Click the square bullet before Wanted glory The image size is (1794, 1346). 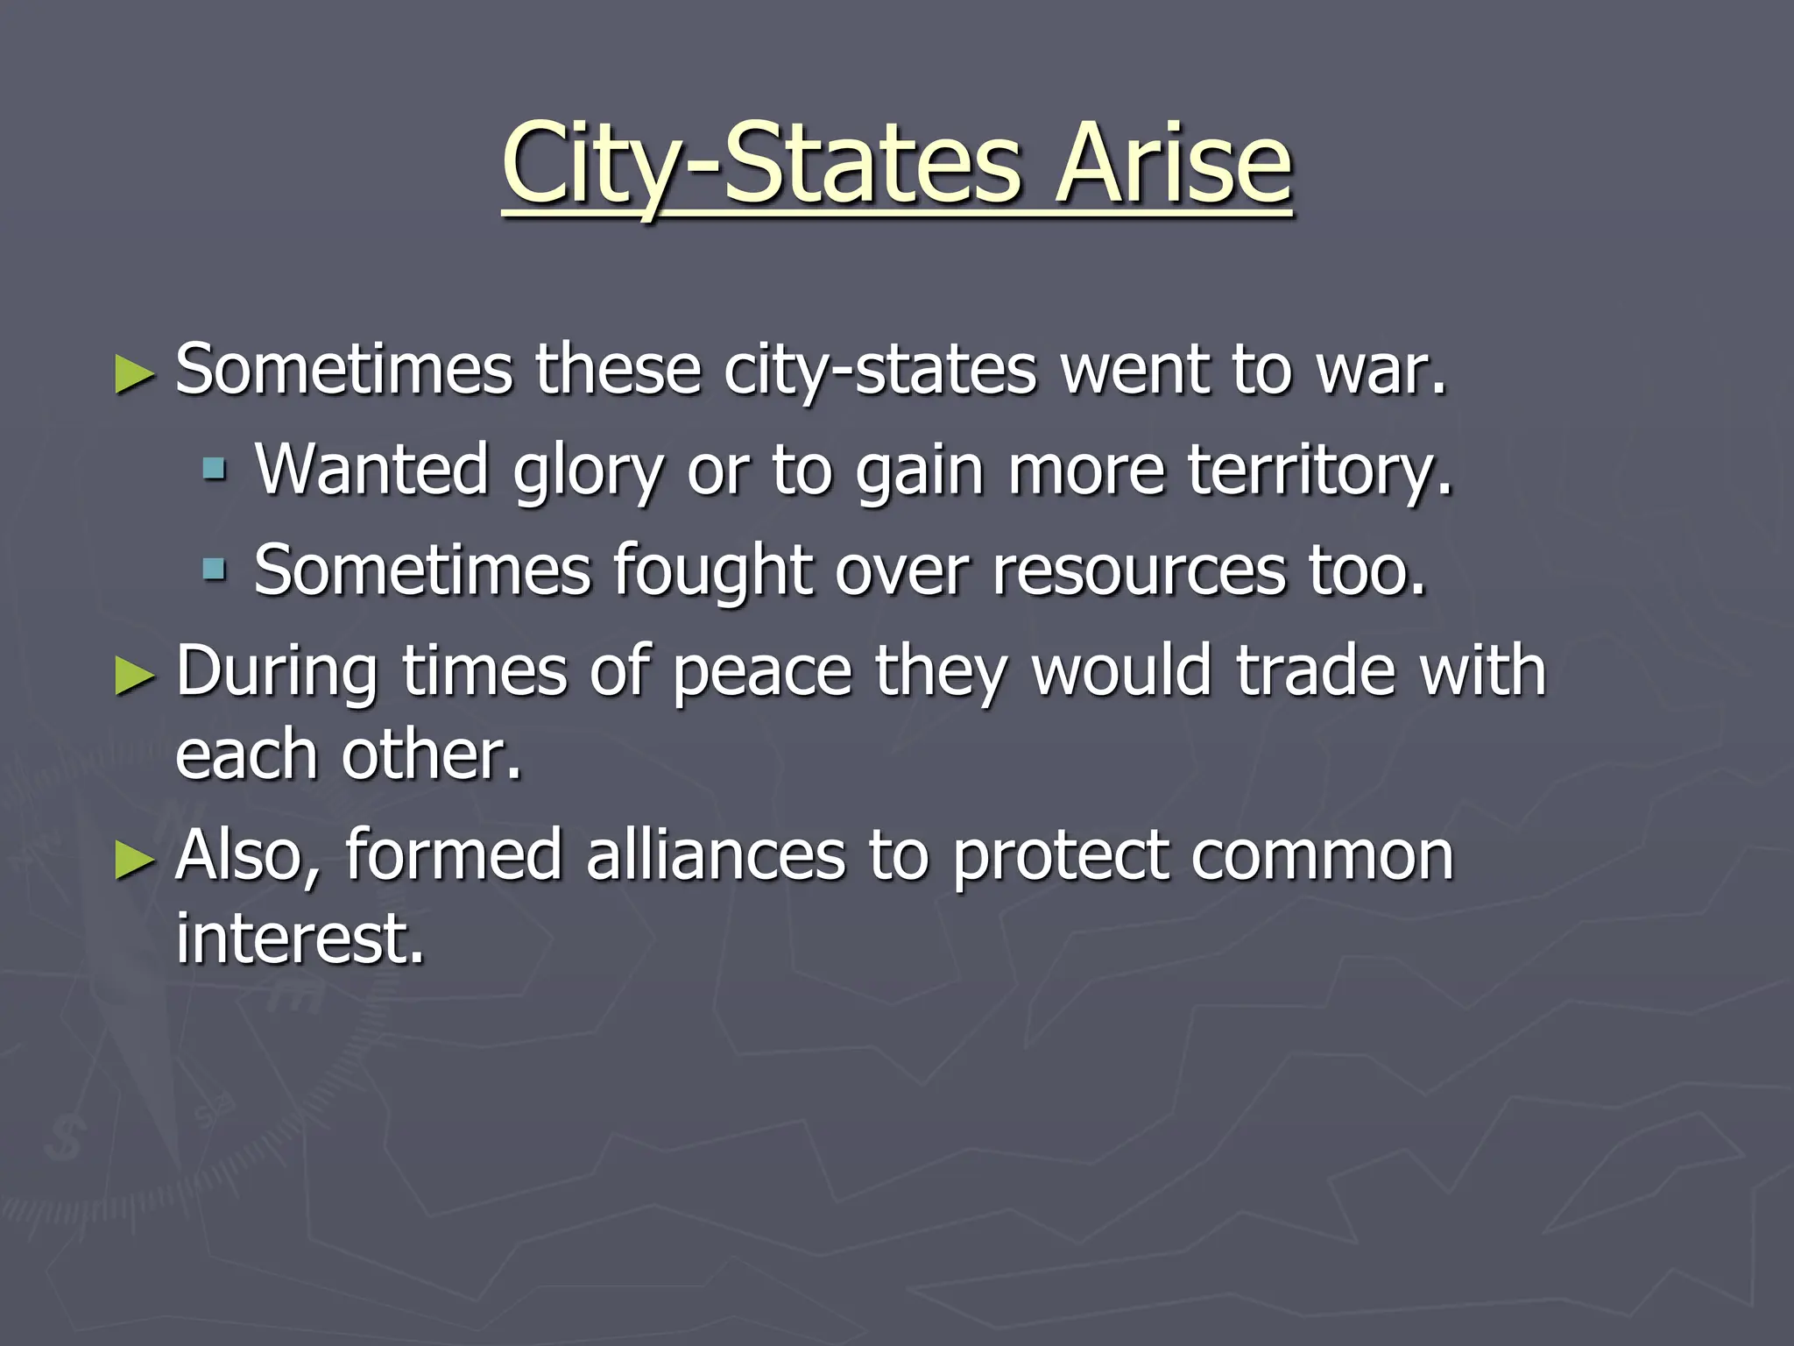pos(214,471)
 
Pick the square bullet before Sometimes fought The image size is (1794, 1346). pos(214,570)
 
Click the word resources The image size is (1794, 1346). pos(1139,571)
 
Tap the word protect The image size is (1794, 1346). pos(1060,857)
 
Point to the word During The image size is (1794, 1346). pos(277,671)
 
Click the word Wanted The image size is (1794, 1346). pos(371,471)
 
